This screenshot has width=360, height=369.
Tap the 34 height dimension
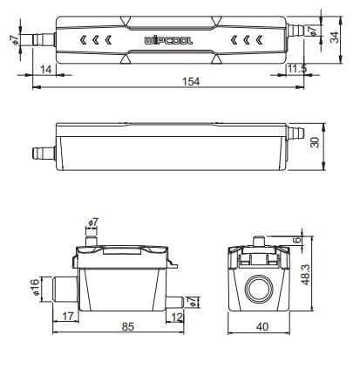tap(334, 38)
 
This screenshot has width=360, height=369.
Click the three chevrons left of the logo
tap(95, 40)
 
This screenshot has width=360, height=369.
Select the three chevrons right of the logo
tap(244, 40)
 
